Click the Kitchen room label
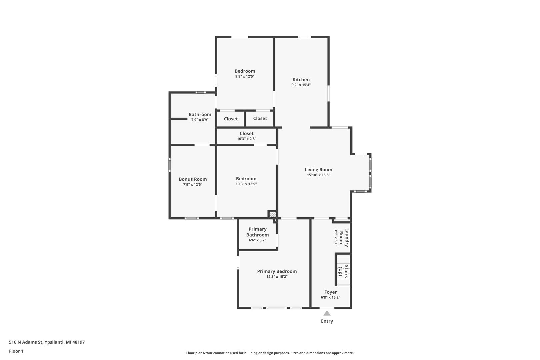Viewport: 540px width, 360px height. click(301, 80)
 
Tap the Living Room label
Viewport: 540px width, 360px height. click(318, 170)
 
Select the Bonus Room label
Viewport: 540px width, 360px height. click(193, 179)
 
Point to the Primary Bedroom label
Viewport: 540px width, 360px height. click(277, 272)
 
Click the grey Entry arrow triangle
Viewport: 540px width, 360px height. click(327, 313)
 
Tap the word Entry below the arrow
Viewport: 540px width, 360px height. click(327, 321)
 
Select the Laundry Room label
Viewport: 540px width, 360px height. click(344, 238)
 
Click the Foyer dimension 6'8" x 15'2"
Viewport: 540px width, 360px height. click(330, 298)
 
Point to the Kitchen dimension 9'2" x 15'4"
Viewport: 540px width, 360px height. click(301, 85)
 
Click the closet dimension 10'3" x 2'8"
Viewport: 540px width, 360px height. click(246, 139)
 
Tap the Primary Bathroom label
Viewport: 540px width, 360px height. click(257, 232)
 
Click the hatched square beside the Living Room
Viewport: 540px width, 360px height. click(273, 214)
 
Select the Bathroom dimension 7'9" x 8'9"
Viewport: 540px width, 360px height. click(200, 120)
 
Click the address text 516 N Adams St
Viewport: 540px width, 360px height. click(26, 342)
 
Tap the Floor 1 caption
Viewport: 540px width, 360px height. click(16, 351)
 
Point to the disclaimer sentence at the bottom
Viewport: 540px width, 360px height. click(270, 353)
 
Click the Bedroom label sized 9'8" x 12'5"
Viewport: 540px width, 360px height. click(245, 71)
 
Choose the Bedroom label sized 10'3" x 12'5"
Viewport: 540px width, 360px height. click(246, 179)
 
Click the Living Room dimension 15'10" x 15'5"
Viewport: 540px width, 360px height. click(318, 175)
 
